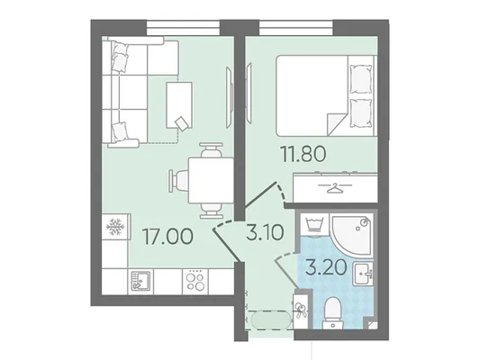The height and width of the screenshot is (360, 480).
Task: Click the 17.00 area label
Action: (168, 237)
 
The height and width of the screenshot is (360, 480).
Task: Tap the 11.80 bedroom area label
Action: (303, 154)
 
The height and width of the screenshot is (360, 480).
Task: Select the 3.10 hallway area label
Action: (265, 232)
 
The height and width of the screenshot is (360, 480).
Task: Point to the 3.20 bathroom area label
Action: (326, 268)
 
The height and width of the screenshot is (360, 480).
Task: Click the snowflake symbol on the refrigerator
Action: (115, 227)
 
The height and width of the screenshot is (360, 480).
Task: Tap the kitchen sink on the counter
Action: (140, 281)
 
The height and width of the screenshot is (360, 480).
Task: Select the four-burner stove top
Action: (195, 281)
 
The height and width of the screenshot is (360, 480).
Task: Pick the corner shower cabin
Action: (353, 235)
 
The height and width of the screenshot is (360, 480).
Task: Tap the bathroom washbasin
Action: (363, 274)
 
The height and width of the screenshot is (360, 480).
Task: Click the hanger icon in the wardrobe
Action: (335, 187)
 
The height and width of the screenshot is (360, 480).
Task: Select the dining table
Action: (212, 180)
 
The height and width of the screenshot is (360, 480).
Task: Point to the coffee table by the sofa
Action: (179, 105)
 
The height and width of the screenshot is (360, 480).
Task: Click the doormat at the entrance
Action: (269, 320)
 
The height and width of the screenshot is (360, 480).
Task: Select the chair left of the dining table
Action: (179, 181)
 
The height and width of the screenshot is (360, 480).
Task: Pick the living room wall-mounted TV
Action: (230, 97)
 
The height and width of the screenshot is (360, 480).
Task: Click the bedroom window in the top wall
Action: (296, 28)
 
